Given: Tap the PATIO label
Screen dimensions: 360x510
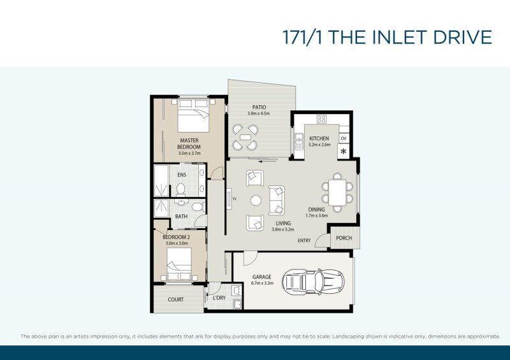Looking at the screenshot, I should point(259,107).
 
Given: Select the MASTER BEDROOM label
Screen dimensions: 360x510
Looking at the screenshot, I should point(189,144).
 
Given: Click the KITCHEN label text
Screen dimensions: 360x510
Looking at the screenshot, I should point(319,138).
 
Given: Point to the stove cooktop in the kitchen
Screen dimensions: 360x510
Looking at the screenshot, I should point(321,119).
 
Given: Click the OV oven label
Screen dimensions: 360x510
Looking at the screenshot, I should point(344,138).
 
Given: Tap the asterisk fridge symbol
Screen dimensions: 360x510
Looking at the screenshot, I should point(344,152).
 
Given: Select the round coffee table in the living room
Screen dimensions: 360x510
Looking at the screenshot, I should point(256,200).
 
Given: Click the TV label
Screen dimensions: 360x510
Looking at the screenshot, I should point(235,200).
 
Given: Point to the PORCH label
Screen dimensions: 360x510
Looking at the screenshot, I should point(344,238).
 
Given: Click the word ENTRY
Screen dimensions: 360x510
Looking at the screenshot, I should point(304,240).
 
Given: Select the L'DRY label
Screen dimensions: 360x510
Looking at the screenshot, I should point(219,298).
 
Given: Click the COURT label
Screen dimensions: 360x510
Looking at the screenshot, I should point(176,299).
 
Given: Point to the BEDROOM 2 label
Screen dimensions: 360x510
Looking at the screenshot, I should point(177,237).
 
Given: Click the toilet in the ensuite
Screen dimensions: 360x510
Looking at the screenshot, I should point(180,189).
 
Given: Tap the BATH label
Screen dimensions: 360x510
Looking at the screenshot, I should point(181,216).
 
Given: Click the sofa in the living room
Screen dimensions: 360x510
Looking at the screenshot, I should point(277,199).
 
